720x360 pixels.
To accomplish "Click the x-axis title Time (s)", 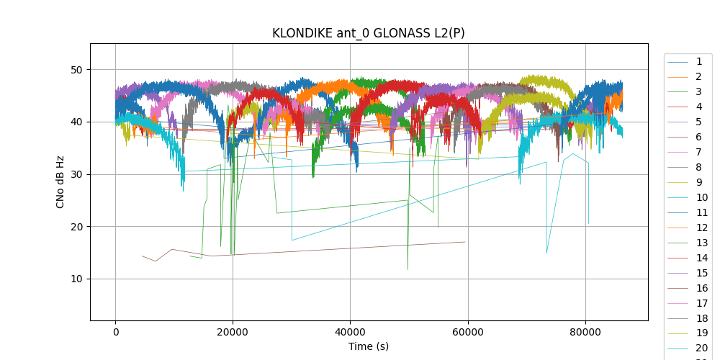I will point(369,346).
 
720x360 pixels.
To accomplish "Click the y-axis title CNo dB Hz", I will point(60,181).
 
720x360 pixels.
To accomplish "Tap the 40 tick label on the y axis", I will point(77,122).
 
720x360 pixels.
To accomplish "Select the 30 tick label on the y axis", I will point(77,174).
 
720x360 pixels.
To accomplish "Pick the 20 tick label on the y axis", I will point(77,227).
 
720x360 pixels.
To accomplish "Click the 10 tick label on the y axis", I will point(77,279).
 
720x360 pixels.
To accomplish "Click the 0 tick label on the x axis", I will point(115,332).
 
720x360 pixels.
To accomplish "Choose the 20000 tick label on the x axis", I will point(233,332).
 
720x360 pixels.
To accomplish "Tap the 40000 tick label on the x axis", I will point(350,332).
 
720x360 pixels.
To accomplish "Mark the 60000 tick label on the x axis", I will point(467,332).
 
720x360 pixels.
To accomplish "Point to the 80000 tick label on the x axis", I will point(585,332).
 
